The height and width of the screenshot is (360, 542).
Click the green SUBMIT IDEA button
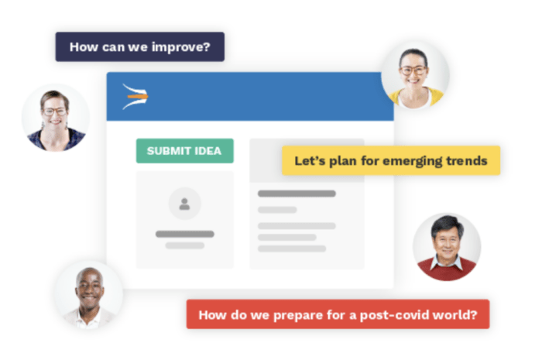[184, 151]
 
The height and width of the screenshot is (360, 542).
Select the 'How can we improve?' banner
[139, 46]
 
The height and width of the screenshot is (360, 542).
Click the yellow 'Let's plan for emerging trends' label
[390, 161]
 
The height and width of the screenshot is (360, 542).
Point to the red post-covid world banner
[338, 314]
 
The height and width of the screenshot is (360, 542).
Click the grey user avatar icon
[184, 204]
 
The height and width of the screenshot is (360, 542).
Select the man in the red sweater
[447, 246]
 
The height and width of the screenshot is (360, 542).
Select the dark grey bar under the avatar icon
[184, 234]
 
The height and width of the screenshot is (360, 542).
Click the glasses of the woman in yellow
[414, 70]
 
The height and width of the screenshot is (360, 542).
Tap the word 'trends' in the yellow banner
[465, 161]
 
